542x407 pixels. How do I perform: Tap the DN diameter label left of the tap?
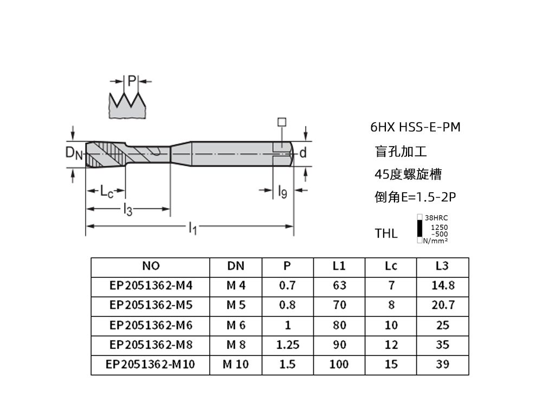74,153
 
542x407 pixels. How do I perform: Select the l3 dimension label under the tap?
127,209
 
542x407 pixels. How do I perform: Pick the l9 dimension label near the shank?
282,191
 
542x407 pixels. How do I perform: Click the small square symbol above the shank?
281,122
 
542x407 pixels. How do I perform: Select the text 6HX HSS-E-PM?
415,128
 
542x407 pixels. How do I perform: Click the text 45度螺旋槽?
408,174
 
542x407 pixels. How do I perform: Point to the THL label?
386,234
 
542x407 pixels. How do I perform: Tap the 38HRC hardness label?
436,218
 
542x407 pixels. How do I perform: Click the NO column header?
150,266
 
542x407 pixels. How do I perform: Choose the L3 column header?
442,266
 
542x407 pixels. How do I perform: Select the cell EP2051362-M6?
151,325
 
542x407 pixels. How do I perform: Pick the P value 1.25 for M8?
287,345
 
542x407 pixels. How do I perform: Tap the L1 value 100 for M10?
339,364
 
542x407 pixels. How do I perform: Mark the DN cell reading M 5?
236,305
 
